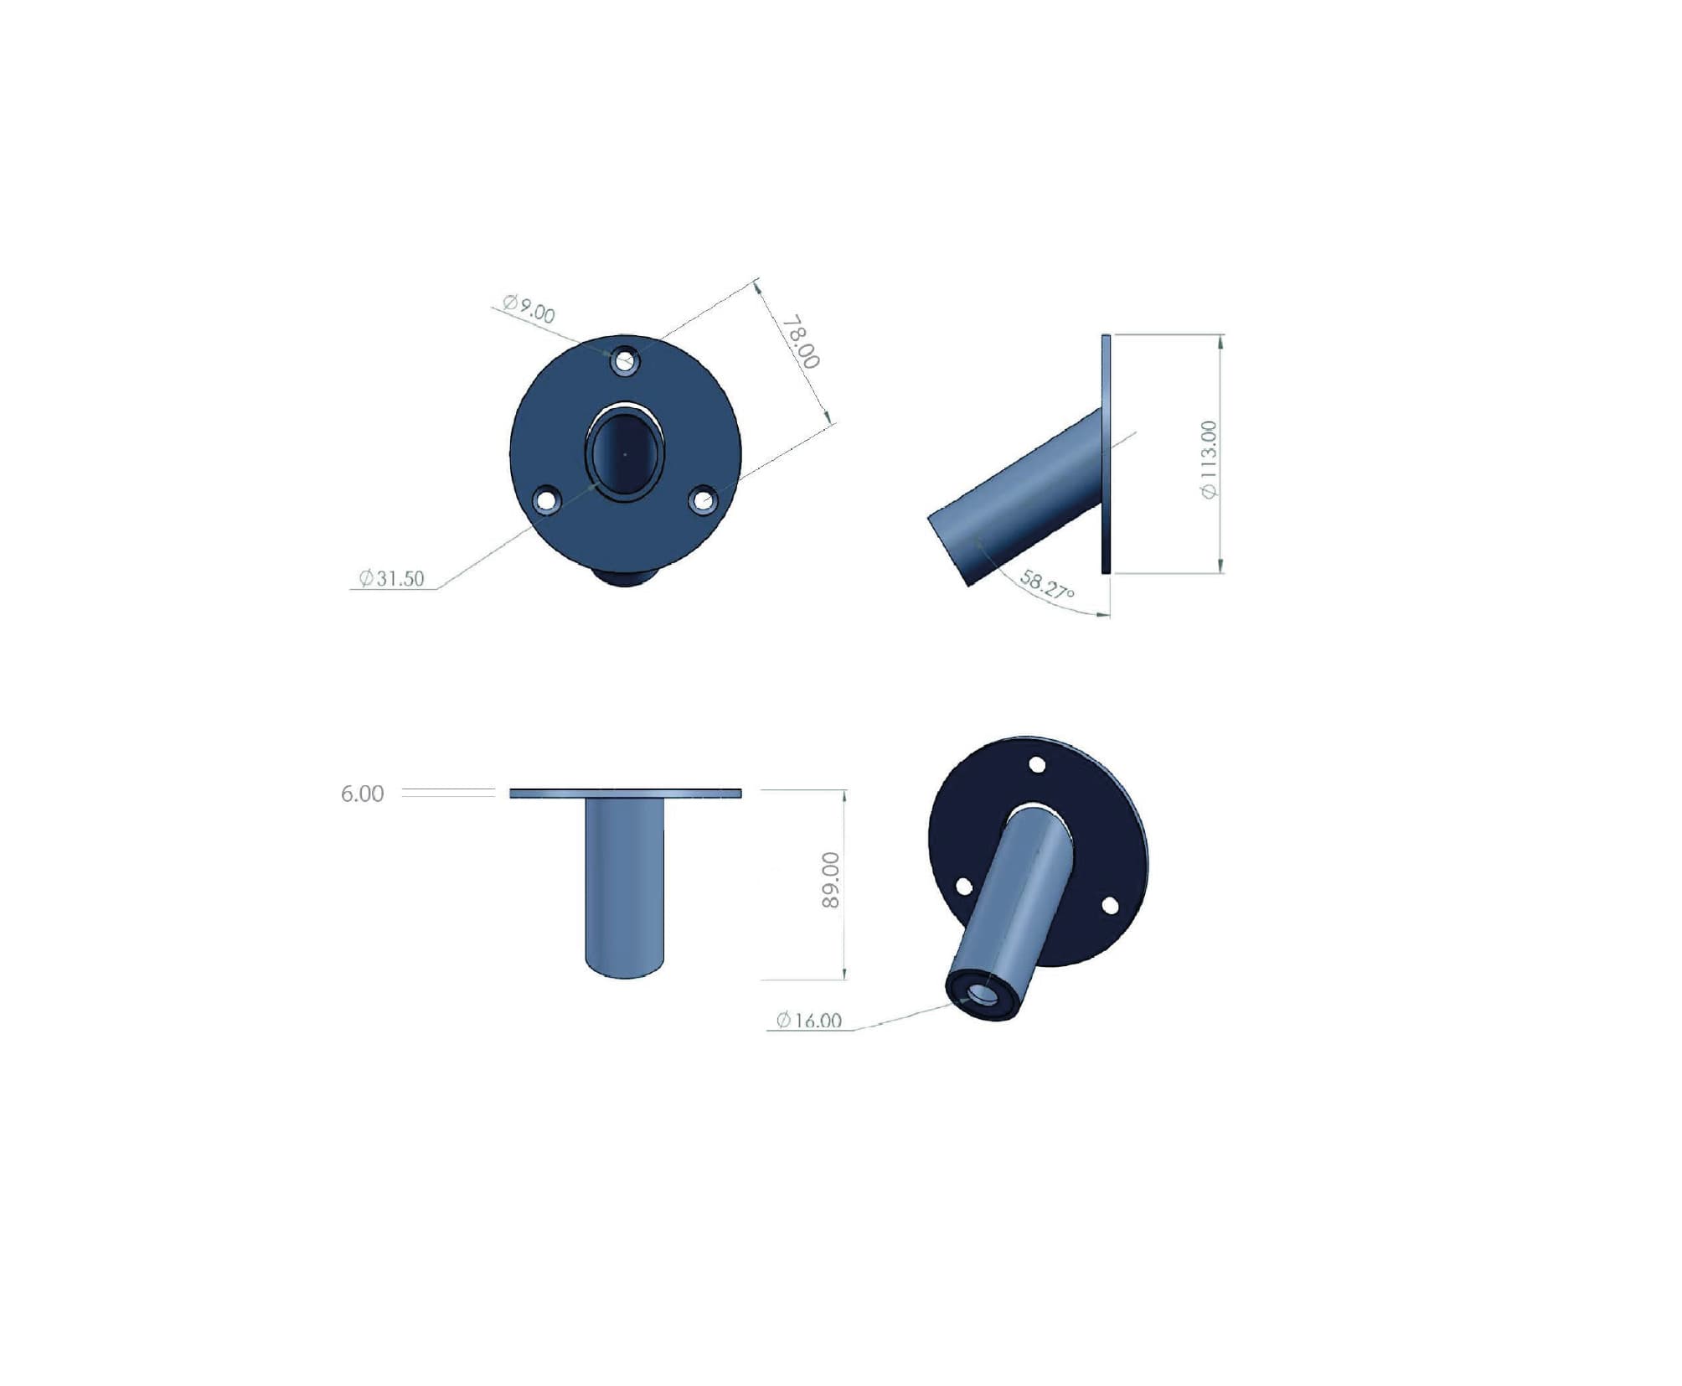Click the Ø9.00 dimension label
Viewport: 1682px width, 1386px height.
click(529, 308)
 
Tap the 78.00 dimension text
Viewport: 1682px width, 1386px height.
click(801, 342)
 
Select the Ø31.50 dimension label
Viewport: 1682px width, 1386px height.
click(391, 578)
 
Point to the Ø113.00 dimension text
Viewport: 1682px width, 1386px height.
click(1209, 459)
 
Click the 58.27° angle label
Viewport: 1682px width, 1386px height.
click(1047, 584)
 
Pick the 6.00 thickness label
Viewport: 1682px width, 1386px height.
click(362, 794)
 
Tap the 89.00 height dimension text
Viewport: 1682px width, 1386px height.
click(830, 880)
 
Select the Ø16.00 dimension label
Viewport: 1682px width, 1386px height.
click(808, 1020)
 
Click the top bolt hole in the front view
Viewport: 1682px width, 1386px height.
click(626, 362)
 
